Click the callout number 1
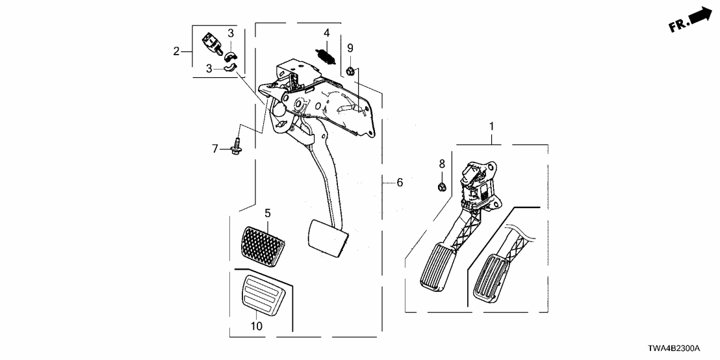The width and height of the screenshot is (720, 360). pyautogui.click(x=491, y=125)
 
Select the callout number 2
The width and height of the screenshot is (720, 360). pyautogui.click(x=176, y=51)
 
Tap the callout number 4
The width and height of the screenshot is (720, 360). pyautogui.click(x=327, y=32)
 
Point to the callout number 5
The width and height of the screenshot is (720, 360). pyautogui.click(x=267, y=212)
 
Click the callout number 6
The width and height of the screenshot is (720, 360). pyautogui.click(x=400, y=183)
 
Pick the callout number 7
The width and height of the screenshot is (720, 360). pyautogui.click(x=216, y=149)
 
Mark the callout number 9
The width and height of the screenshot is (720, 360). pyautogui.click(x=350, y=47)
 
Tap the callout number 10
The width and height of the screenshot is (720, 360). pyautogui.click(x=257, y=326)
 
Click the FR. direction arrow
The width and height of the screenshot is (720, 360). pyautogui.click(x=689, y=19)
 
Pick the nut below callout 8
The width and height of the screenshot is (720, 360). pyautogui.click(x=441, y=188)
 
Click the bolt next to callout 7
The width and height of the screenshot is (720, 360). pyautogui.click(x=238, y=147)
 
